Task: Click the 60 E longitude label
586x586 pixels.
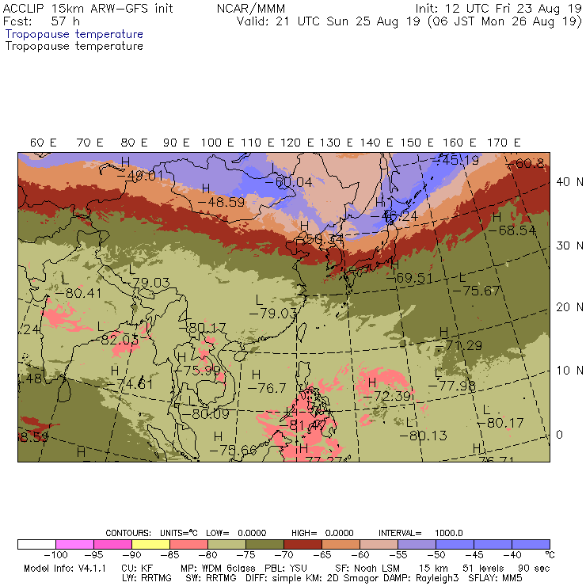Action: pyautogui.click(x=44, y=143)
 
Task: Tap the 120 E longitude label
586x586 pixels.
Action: pyautogui.click(x=299, y=143)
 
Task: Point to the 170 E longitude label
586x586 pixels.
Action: pyautogui.click(x=504, y=143)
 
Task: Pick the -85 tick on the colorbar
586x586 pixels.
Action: pyautogui.click(x=169, y=555)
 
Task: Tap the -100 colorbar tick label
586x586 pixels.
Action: pyautogui.click(x=55, y=555)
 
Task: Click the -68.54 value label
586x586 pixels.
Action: pyautogui.click(x=512, y=230)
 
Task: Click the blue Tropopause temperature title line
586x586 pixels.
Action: pyautogui.click(x=74, y=35)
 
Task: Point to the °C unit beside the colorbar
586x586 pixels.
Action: pyautogui.click(x=550, y=555)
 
